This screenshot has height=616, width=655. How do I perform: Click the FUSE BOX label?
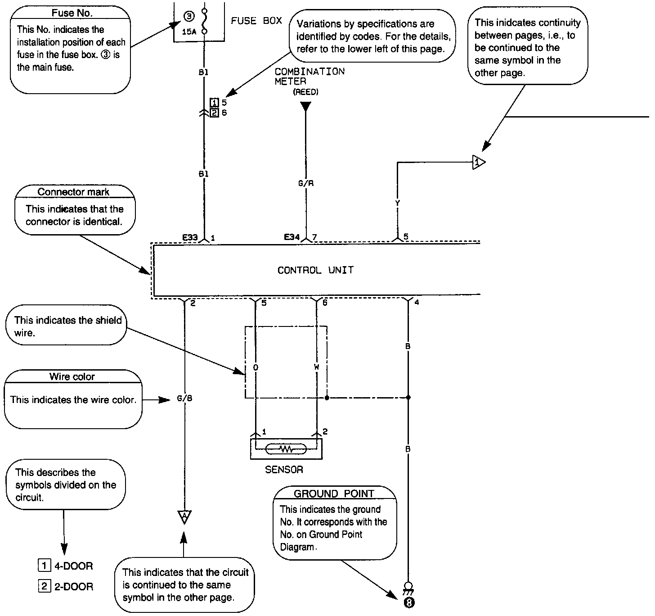(256, 21)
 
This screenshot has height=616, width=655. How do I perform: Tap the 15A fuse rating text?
(189, 32)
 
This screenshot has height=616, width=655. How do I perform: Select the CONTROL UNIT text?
(315, 270)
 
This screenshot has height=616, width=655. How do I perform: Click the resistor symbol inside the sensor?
(286, 449)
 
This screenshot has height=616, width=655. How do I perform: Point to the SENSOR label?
(284, 470)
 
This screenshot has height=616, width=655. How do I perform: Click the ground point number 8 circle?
(408, 602)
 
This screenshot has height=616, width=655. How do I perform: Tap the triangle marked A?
(184, 516)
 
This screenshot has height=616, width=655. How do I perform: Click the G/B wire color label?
(184, 399)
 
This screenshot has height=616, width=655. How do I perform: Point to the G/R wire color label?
(306, 183)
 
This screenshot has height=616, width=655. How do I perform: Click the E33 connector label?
(190, 237)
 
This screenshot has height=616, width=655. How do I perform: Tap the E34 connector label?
(292, 237)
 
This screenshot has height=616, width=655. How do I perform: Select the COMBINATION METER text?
(310, 76)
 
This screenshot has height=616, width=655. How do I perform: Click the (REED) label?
(305, 92)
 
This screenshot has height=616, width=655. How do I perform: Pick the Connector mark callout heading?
(73, 192)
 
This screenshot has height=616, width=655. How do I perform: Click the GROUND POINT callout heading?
(334, 494)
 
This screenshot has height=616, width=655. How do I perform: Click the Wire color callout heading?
(72, 376)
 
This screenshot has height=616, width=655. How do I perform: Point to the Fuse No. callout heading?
(72, 13)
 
